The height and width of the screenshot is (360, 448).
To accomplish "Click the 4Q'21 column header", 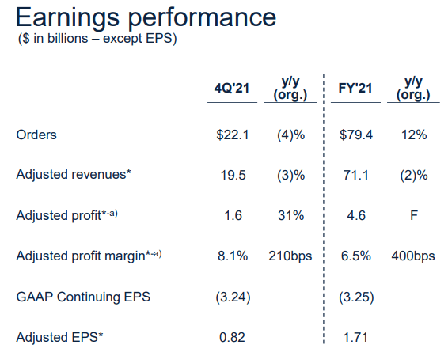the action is point(232,89).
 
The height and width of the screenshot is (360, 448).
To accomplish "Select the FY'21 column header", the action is point(355,88).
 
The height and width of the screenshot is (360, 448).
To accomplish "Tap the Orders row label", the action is point(36,135).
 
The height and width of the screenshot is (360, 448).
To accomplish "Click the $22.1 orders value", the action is point(233,135).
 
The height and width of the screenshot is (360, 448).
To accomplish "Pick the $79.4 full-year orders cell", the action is point(356,135).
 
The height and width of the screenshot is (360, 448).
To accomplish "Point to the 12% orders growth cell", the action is point(414,135).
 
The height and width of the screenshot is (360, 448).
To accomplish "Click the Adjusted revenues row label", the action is point(74,174).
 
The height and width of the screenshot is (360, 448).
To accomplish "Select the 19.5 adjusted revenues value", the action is point(233,175).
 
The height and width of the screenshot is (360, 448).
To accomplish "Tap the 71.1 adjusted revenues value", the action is point(356,175).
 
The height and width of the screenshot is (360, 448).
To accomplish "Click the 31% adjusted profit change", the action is point(290,215).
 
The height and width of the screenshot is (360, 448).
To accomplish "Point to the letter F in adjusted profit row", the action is point(414,215).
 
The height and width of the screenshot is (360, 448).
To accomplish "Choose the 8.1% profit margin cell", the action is point(233,256).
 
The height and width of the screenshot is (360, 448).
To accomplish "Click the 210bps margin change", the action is point(290,256).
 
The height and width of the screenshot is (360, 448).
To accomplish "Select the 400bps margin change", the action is point(413,256).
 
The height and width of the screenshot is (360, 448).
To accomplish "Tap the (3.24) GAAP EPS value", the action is point(233,297).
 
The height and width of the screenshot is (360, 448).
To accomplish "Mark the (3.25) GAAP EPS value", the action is point(356,297).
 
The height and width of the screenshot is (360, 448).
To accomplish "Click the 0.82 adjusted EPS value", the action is point(232,337).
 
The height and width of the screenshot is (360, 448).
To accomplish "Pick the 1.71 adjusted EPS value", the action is point(355,337).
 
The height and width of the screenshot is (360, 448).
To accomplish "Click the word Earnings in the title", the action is point(67,18).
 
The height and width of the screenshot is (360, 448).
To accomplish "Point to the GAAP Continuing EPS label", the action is point(83,297).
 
